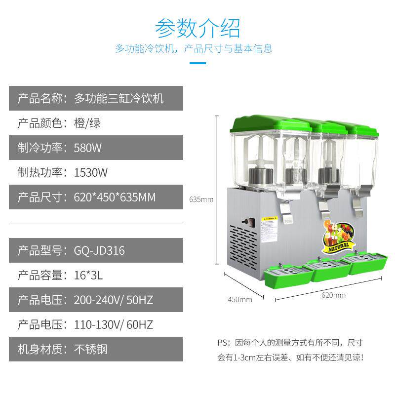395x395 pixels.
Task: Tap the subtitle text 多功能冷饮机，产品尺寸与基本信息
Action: point(194,49)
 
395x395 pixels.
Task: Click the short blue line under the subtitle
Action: point(197,63)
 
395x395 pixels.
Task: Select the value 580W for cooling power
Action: point(87,148)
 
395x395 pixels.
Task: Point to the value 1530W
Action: point(90,172)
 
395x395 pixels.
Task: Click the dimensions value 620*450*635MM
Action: point(115,197)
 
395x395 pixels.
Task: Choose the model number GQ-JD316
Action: point(99,250)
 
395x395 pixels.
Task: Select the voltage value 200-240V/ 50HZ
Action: point(113,300)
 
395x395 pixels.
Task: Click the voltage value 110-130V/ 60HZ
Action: point(113,324)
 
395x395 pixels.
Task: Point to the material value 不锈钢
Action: point(90,350)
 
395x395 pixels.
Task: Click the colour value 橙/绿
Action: point(87,123)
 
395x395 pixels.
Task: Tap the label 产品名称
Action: point(41,98)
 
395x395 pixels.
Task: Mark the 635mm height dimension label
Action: point(201,199)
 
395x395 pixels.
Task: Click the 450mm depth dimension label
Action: point(239,299)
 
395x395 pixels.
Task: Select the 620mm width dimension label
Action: point(333,295)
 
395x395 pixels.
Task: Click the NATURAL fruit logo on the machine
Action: point(337,236)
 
